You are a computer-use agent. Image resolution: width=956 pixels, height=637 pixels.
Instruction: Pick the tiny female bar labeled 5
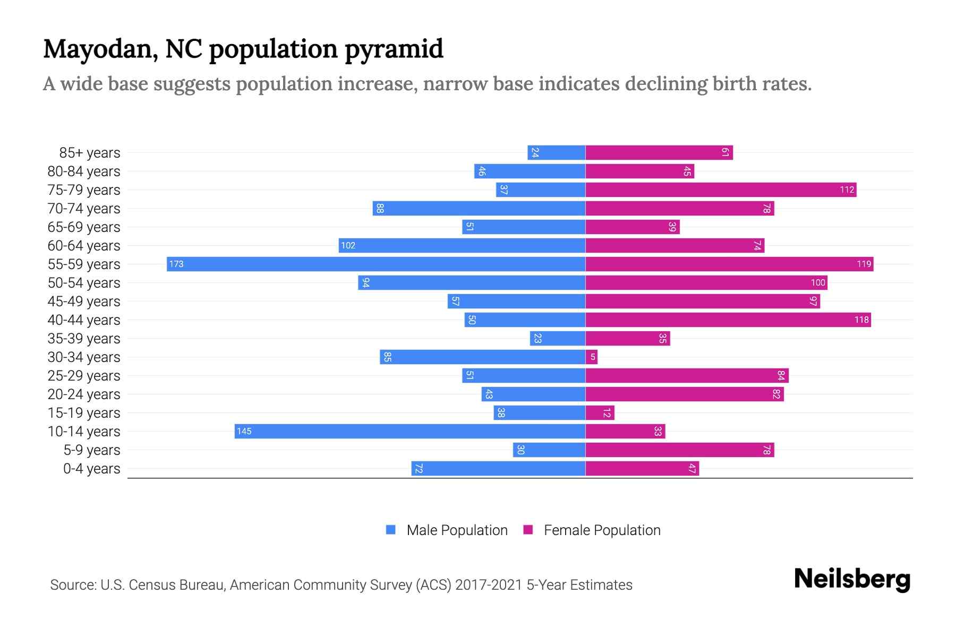[x=592, y=357]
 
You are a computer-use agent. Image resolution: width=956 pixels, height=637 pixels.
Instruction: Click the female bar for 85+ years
[x=659, y=152]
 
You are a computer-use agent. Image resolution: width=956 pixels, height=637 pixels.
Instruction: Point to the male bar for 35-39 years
[x=558, y=338]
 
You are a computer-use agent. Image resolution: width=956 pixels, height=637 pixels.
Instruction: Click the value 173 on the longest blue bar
[x=176, y=264]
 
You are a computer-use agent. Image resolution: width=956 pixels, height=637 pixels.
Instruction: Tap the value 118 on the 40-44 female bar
[x=861, y=320]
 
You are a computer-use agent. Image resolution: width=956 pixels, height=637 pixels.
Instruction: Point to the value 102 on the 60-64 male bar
[x=348, y=245]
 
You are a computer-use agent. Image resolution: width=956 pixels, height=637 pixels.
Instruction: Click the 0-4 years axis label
[x=91, y=469]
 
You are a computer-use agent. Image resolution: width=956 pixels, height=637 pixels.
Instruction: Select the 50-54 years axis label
[x=84, y=283]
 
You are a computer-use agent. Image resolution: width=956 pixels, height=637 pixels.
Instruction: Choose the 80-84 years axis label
[x=84, y=171]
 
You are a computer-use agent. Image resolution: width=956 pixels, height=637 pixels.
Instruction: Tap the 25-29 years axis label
[x=84, y=376]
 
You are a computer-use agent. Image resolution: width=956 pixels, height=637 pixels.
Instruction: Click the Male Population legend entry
[x=457, y=530]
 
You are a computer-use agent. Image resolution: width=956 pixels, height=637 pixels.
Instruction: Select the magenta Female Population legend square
[x=528, y=530]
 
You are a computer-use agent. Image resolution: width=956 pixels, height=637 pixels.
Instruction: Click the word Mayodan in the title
[x=100, y=49]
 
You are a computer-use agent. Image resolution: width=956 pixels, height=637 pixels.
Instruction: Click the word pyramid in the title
[x=394, y=49]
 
